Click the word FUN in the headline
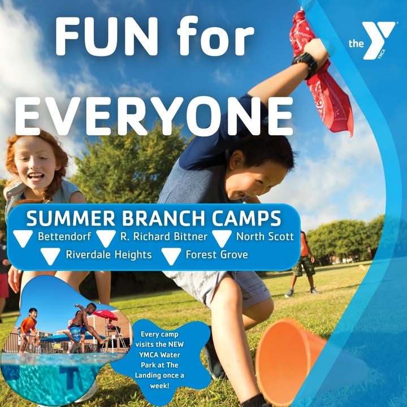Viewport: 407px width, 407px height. pos(106,36)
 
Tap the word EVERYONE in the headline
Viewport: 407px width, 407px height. pos(154,116)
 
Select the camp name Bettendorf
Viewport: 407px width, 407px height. pos(64,236)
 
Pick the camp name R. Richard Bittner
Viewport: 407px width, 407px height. pos(164,236)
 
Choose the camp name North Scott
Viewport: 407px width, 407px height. pos(265,236)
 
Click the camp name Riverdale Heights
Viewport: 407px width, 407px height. pos(109,254)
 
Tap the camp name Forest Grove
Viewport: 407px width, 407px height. pos(217,254)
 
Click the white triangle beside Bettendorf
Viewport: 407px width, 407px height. pos(23,237)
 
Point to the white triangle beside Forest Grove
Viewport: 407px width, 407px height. pos(171,256)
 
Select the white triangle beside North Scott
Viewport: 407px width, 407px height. pos(222,238)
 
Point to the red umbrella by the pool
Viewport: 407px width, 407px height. pos(106,315)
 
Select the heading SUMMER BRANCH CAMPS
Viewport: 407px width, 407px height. pos(154,218)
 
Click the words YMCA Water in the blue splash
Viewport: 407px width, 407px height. pos(159,354)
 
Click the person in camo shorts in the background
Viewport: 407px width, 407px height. pos(303,263)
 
